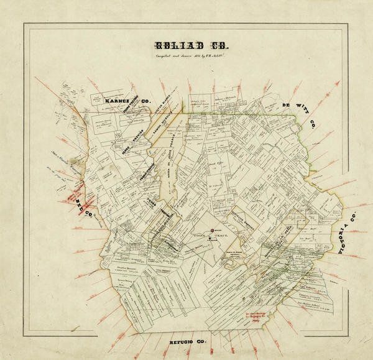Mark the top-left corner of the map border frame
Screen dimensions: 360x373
point(24,24)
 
